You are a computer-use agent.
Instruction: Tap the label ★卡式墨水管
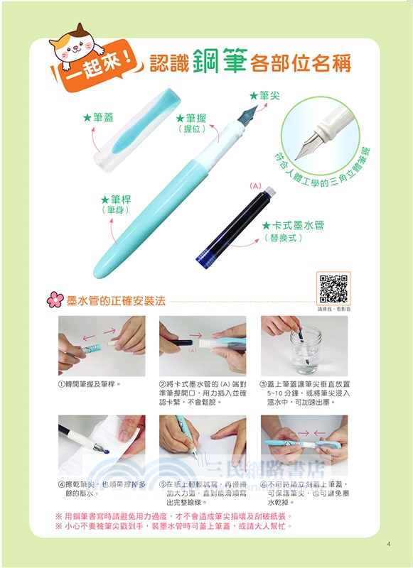point(293,225)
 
